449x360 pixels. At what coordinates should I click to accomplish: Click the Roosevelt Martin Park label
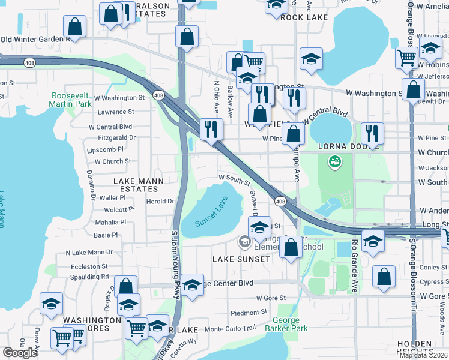(71, 100)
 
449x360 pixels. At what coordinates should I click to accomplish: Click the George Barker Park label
(290, 324)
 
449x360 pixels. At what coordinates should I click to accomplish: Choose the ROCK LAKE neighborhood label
(304, 17)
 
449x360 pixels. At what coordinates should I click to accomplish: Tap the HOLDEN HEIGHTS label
(423, 348)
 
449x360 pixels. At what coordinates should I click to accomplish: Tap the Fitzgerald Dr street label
(116, 137)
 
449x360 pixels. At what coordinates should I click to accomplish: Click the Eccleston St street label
(87, 266)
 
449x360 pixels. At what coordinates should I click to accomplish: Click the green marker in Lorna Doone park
(334, 161)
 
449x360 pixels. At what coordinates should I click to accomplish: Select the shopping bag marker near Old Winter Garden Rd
(74, 26)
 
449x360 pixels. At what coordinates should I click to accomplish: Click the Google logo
(20, 353)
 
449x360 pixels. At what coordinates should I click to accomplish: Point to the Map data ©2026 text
(423, 355)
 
